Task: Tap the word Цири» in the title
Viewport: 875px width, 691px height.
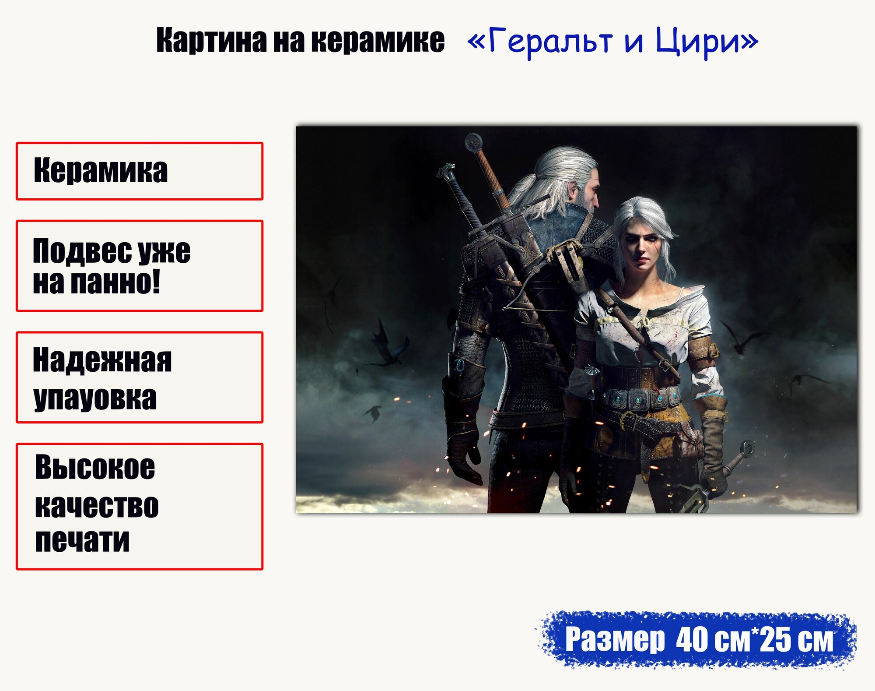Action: tap(706, 41)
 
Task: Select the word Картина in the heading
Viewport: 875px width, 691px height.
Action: tap(211, 40)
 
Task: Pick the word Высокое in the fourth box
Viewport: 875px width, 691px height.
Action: tap(95, 467)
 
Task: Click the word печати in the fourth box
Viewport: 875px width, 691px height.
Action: tap(82, 540)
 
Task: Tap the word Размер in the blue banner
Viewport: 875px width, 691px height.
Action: tap(615, 640)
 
